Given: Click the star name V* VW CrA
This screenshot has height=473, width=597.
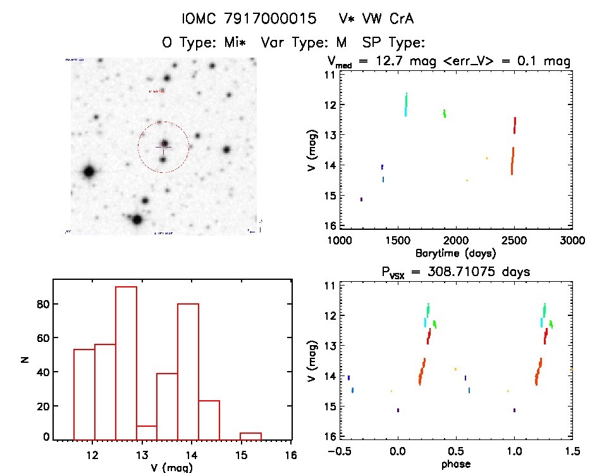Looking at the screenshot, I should (x=376, y=19).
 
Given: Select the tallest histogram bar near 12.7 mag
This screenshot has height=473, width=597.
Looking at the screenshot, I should (x=126, y=362).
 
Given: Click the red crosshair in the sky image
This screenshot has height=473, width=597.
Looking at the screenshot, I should (x=163, y=147).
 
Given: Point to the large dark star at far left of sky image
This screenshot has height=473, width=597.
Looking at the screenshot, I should (x=89, y=171).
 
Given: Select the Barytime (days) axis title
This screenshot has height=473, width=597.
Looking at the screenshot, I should (x=456, y=253).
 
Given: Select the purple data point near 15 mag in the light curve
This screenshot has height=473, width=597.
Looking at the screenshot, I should (x=361, y=199).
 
